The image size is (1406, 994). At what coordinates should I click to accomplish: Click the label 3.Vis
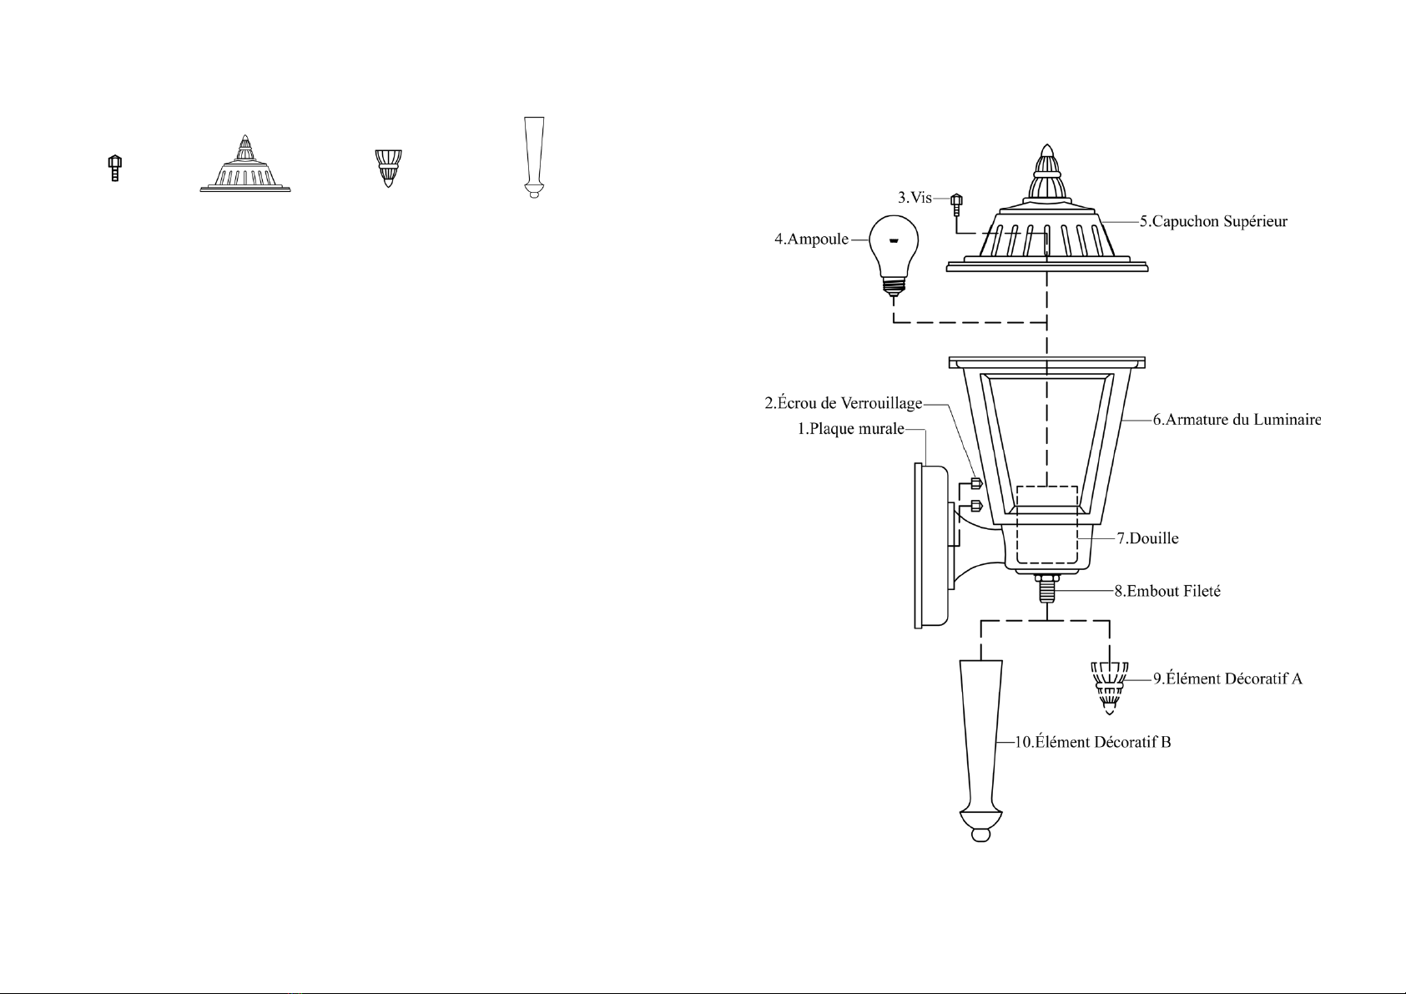[x=915, y=198]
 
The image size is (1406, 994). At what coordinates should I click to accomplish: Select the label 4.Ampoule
[x=812, y=240]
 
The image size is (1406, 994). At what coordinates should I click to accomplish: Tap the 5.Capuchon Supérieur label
[x=1214, y=222]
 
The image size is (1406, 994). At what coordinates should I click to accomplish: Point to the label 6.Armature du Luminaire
[x=1237, y=420]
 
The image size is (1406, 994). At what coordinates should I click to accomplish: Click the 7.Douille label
[x=1147, y=538]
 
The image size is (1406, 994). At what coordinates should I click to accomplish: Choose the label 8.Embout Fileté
[x=1167, y=591]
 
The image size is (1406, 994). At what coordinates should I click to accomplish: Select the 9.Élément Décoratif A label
[x=1227, y=679]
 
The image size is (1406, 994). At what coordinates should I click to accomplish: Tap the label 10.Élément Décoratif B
[x=1093, y=742]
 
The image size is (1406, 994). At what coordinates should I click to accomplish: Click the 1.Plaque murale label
[x=851, y=429]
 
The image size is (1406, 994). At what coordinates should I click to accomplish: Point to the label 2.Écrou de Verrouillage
[x=844, y=403]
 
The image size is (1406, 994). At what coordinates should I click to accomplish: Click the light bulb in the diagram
[x=894, y=255]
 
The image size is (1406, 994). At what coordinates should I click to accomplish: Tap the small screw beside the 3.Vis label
[x=956, y=204]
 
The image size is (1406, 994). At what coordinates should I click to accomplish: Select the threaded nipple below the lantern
[x=1046, y=588]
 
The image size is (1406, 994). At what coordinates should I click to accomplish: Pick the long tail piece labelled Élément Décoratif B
[x=981, y=750]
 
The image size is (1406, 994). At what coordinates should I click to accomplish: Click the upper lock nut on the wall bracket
[x=976, y=483]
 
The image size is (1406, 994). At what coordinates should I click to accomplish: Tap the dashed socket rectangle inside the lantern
[x=1047, y=524]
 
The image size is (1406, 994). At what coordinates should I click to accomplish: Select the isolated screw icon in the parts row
[x=114, y=169]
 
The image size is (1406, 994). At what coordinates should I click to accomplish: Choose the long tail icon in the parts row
[x=534, y=157]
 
